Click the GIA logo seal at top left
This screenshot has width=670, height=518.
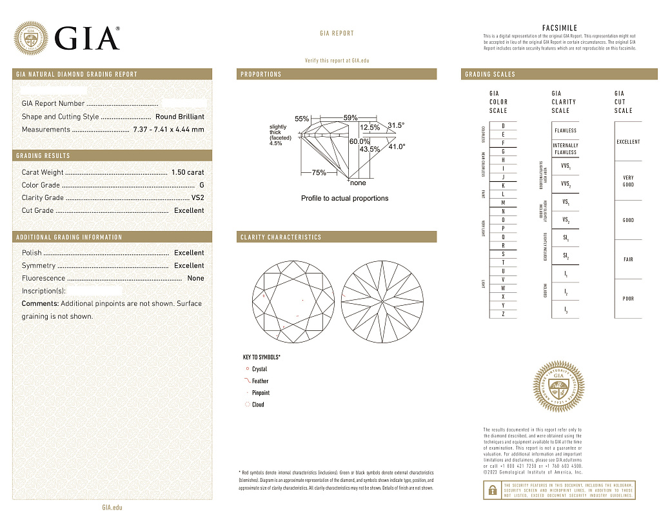point(31,38)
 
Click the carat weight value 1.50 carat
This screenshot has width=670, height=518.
point(187,172)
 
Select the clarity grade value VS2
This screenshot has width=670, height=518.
point(197,198)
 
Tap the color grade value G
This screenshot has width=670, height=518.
point(201,185)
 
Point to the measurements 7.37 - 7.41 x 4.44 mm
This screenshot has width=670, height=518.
point(168,130)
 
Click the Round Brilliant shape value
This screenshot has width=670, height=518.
point(179,117)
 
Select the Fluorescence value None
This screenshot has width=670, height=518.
point(195,279)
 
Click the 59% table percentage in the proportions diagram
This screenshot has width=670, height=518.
point(350,118)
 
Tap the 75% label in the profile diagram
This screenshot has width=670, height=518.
point(319,173)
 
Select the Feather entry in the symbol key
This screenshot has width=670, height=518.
point(260,381)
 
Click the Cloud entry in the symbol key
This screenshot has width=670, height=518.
point(257,405)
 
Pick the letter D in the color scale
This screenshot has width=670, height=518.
point(502,125)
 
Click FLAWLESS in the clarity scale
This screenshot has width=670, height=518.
point(565,130)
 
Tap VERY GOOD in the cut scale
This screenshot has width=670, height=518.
point(627,181)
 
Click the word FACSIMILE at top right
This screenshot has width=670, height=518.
point(560,28)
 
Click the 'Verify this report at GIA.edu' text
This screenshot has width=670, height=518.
point(337,61)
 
